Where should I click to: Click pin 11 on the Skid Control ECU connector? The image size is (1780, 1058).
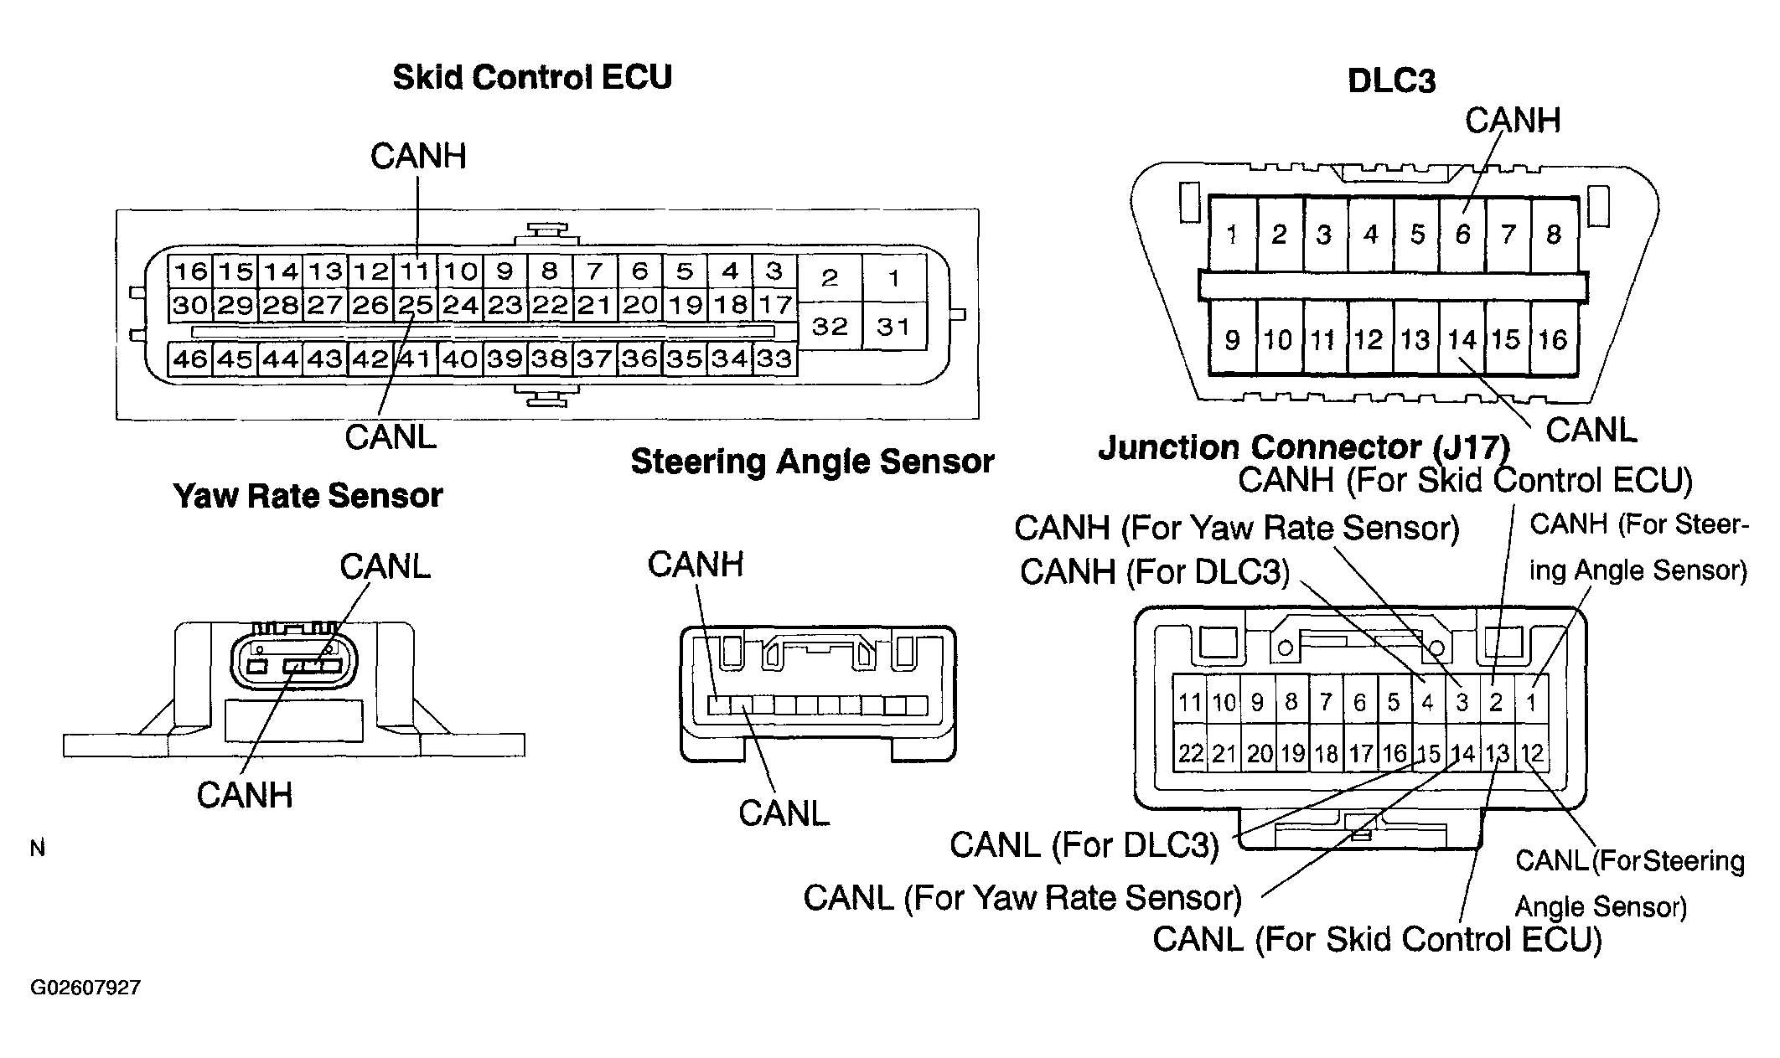coord(415,271)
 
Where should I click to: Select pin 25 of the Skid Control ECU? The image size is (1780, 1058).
coord(415,305)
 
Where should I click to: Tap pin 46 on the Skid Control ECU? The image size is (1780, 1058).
coord(189,359)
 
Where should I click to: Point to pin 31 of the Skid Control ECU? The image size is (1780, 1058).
coord(893,326)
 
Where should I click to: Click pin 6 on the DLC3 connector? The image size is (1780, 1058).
coord(1462,234)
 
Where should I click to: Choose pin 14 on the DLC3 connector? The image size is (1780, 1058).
coord(1462,339)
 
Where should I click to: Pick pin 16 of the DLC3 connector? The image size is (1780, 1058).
coord(1553,339)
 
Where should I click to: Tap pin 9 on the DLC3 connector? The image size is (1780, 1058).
coord(1232,339)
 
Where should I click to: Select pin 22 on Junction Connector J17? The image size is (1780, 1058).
coord(1190,754)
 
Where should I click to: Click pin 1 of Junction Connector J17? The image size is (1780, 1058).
coord(1531,702)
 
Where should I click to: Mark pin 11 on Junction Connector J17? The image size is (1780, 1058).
coord(1190,702)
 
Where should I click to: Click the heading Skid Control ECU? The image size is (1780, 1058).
coord(532,77)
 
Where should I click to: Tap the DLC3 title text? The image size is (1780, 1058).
coord(1391,81)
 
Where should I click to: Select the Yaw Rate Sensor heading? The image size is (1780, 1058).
coord(308,496)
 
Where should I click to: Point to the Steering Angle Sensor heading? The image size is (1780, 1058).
coord(812,462)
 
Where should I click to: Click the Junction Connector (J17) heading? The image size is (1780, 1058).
coord(1304,447)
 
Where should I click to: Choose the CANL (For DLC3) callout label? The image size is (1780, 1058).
coord(1084,845)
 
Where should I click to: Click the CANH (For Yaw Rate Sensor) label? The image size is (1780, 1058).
coord(1237,528)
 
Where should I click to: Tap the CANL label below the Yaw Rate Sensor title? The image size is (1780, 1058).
coord(385,567)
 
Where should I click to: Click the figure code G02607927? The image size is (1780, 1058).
coord(85,988)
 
